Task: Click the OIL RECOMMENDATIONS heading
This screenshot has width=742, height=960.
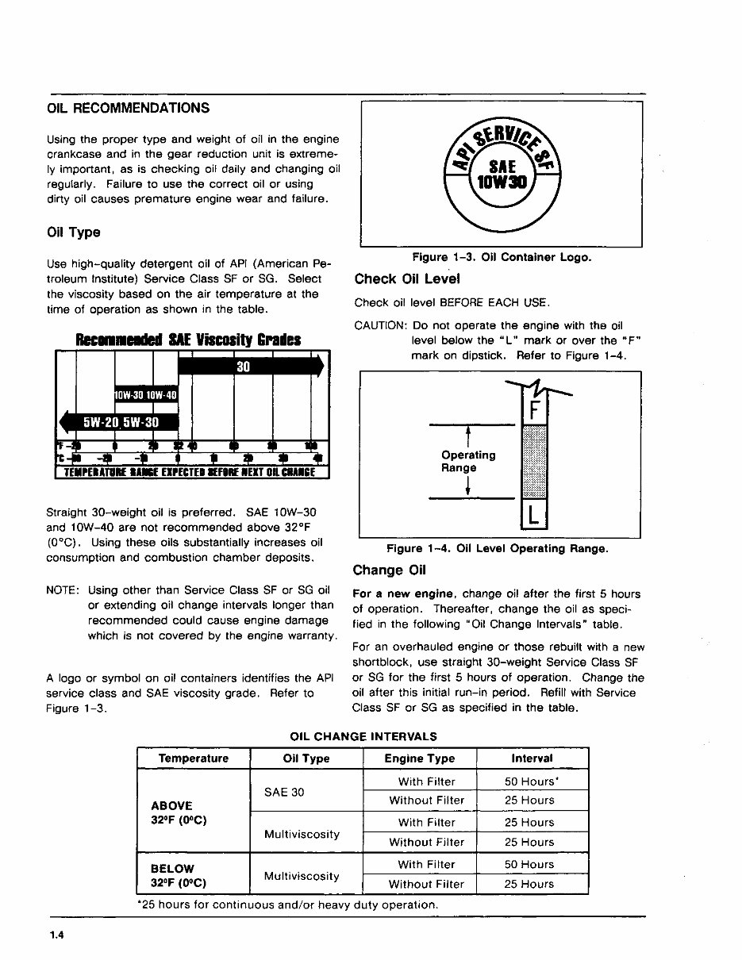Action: click(129, 108)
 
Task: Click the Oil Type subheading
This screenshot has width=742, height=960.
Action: click(74, 232)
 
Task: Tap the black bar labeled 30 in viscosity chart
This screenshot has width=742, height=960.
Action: click(250, 366)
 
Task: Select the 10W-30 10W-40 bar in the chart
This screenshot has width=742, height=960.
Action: click(146, 394)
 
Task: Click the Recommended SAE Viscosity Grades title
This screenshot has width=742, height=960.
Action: click(187, 340)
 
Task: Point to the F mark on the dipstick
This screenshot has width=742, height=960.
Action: click(534, 412)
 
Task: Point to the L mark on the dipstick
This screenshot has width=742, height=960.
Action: click(534, 516)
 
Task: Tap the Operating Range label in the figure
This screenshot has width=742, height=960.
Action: click(468, 462)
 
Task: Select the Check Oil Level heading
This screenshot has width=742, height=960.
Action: click(406, 279)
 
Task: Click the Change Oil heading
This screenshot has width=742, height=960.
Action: click(390, 570)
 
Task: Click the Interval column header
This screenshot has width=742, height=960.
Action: click(532, 758)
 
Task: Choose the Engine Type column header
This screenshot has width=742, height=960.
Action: click(420, 758)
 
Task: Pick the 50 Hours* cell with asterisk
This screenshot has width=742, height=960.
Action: click(531, 781)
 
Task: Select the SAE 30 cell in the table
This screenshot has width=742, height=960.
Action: click(283, 792)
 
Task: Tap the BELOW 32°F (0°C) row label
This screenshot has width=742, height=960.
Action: click(179, 875)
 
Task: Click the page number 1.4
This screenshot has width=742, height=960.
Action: click(56, 935)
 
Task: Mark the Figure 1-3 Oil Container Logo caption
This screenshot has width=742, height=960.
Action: click(501, 258)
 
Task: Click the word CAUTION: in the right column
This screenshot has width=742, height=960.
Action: click(380, 326)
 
